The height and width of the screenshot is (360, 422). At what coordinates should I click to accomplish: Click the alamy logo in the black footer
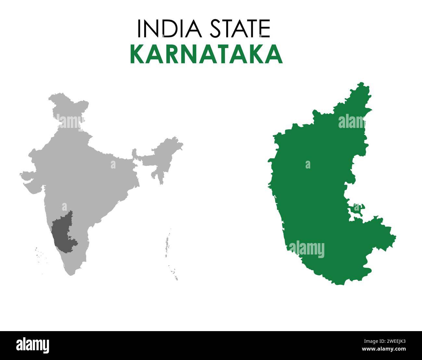[32, 345]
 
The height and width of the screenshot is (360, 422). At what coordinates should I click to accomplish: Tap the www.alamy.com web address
[384, 349]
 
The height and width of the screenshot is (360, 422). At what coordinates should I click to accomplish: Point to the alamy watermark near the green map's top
[352, 121]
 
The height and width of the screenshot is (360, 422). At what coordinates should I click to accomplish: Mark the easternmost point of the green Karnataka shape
[395, 237]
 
